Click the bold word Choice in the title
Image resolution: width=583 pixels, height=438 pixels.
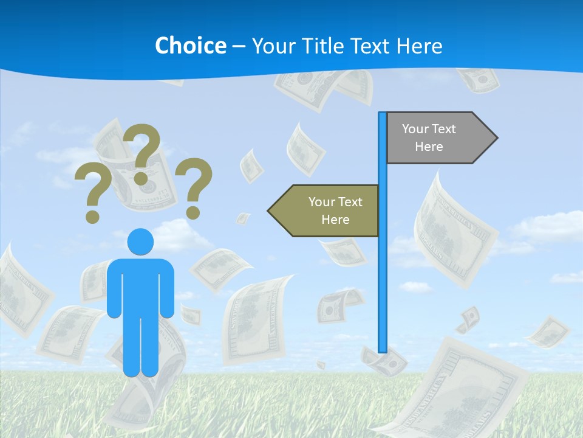[x=190, y=46]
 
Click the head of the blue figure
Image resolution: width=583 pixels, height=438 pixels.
[x=140, y=242]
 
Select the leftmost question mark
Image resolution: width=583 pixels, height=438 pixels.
[x=93, y=189]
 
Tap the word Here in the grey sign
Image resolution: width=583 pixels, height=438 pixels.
[x=429, y=147]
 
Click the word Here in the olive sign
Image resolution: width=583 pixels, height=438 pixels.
[x=335, y=220]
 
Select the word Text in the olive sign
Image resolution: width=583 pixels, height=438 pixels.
[x=350, y=202]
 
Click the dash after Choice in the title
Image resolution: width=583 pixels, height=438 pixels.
[x=239, y=46]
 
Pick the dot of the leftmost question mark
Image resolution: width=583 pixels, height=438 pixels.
[x=92, y=216]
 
